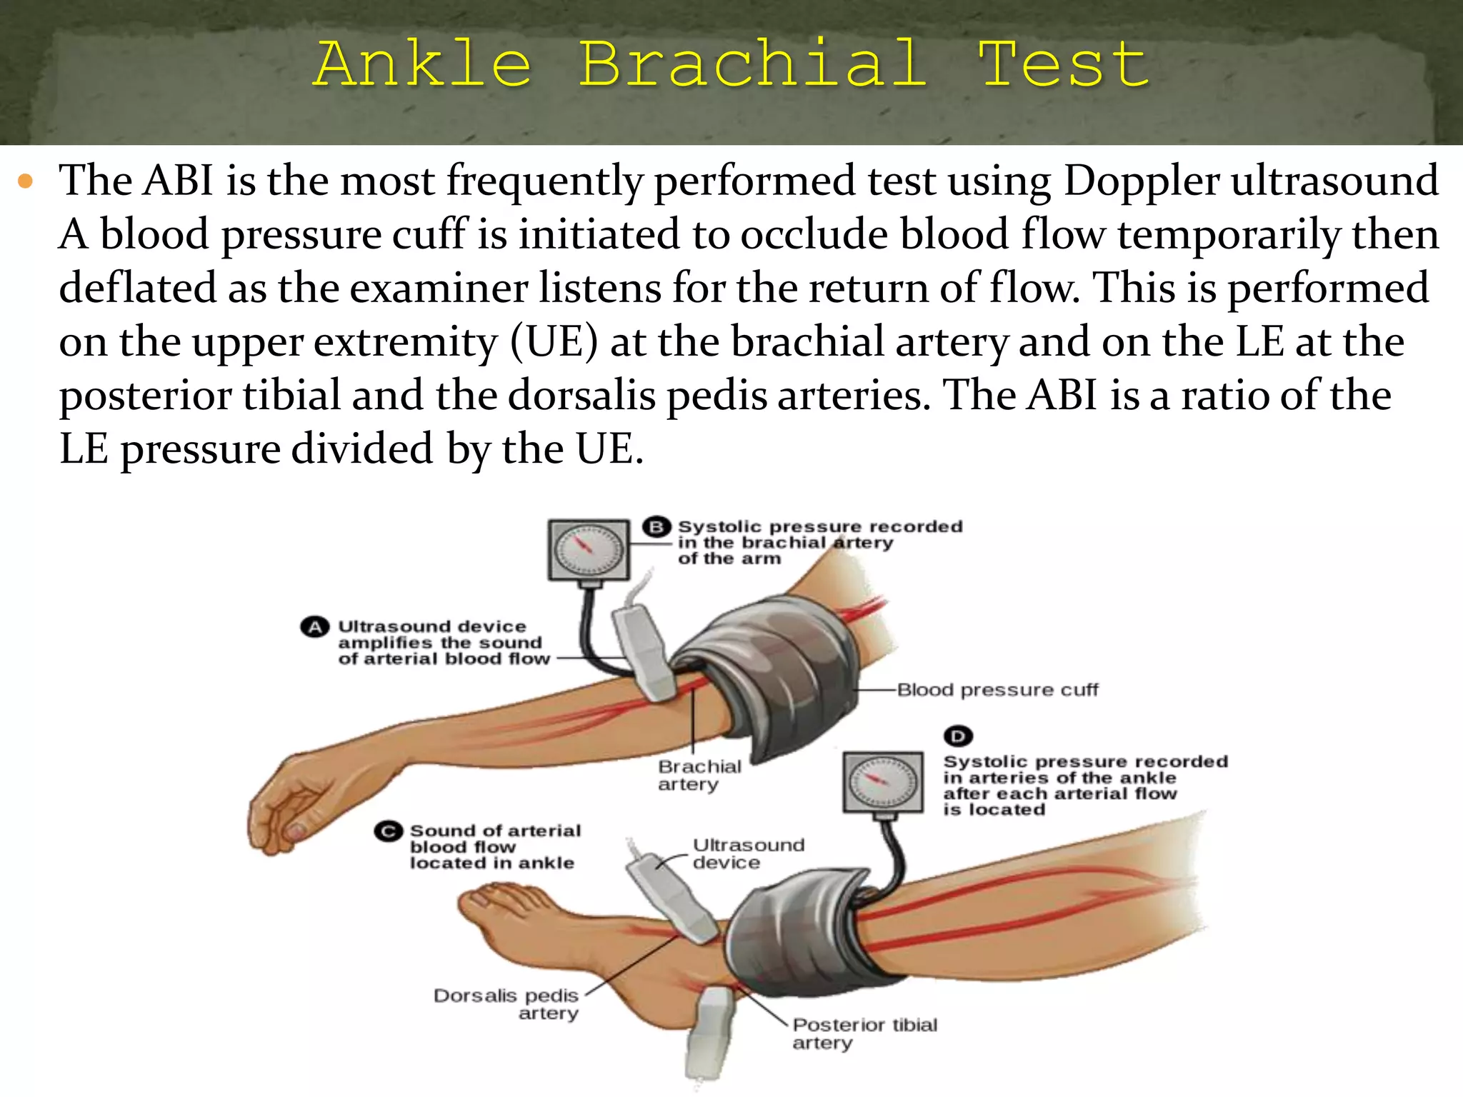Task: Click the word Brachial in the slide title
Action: (752, 64)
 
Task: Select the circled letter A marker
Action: (314, 627)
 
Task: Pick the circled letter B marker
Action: (656, 527)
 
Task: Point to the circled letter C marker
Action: (389, 831)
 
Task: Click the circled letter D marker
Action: (958, 736)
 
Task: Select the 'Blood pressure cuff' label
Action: (997, 690)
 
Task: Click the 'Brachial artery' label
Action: (699, 776)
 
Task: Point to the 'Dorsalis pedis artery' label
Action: (506, 1004)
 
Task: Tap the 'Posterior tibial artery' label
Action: (864, 1033)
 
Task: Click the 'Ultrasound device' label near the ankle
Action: (748, 853)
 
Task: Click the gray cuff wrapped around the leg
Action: (793, 936)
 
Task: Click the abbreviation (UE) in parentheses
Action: (554, 342)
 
